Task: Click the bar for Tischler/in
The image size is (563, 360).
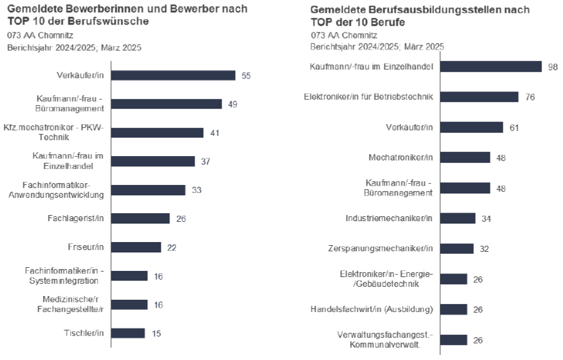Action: (128, 333)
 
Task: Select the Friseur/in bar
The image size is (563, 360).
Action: (136, 247)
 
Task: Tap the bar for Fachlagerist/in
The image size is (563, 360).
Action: (141, 218)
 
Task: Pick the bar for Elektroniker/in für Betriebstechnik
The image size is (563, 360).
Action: (480, 96)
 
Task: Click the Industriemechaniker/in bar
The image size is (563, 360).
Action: (458, 218)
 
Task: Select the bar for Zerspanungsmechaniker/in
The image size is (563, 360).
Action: (457, 248)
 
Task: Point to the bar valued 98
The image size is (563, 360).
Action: (491, 66)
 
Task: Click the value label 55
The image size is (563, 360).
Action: (246, 76)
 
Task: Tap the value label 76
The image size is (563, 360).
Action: (530, 97)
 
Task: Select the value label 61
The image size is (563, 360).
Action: (514, 127)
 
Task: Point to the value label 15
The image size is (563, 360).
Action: (156, 334)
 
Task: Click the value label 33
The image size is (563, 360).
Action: (196, 190)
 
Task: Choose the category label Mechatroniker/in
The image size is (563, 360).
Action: (400, 157)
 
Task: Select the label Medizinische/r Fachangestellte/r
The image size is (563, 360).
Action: (68, 304)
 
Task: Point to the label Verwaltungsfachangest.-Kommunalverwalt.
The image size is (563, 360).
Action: (385, 339)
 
